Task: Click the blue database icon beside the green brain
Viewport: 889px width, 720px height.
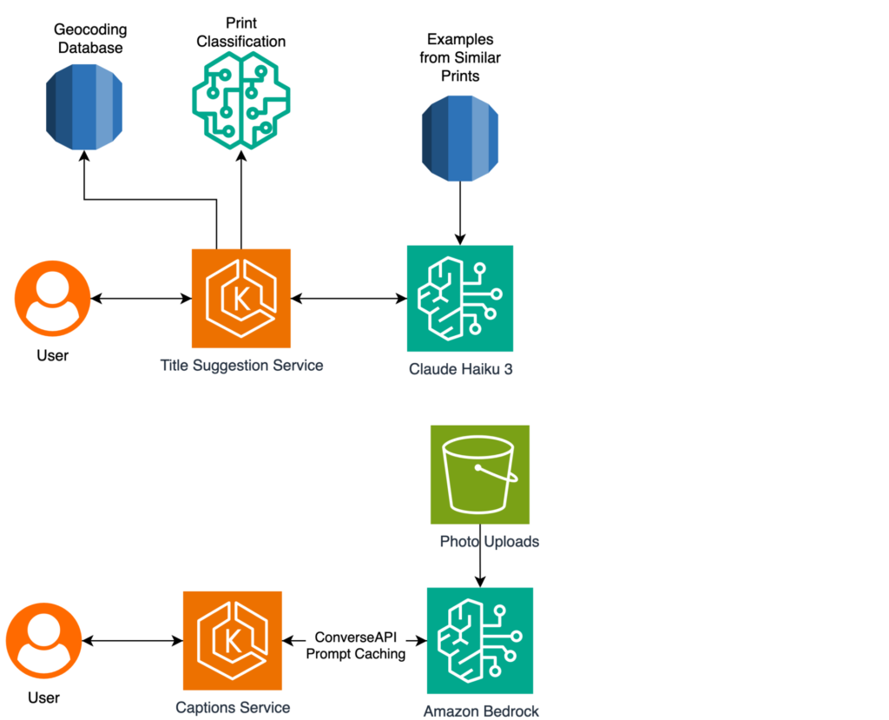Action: [84, 108]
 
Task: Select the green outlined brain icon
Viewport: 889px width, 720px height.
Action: [241, 99]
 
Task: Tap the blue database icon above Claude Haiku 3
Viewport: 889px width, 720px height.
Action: [460, 139]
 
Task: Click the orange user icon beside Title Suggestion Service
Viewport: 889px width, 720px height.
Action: [52, 298]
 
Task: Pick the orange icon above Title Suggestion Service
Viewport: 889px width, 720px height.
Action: [241, 298]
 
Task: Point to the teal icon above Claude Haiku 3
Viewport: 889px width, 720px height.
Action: [460, 298]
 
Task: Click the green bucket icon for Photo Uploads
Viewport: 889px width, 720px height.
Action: [480, 474]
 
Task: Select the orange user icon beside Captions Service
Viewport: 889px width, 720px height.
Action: [44, 641]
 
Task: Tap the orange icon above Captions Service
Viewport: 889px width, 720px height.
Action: [233, 640]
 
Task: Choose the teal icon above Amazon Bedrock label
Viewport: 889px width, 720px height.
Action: [480, 640]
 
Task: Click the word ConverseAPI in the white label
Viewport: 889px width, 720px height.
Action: [356, 637]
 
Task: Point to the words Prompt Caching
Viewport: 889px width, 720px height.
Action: [356, 654]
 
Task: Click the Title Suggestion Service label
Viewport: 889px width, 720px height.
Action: [241, 366]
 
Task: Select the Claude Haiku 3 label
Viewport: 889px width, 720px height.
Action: [460, 369]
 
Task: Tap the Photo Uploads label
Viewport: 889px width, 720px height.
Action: [490, 542]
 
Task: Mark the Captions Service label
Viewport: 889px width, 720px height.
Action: [233, 708]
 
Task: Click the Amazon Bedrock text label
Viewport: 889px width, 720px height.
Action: [481, 711]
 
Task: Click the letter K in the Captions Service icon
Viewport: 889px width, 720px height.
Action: [232, 642]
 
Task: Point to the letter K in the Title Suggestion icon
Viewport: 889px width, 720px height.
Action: [240, 300]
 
